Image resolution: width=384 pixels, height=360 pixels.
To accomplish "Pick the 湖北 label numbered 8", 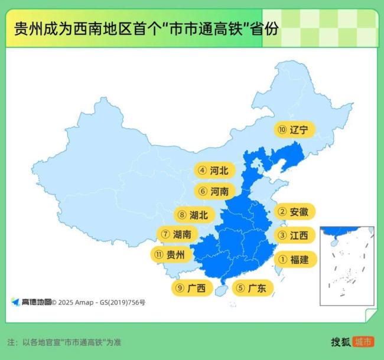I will [193, 215].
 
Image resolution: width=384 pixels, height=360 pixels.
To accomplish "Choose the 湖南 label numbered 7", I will [176, 234].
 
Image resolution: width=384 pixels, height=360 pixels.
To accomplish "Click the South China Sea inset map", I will [347, 266].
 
